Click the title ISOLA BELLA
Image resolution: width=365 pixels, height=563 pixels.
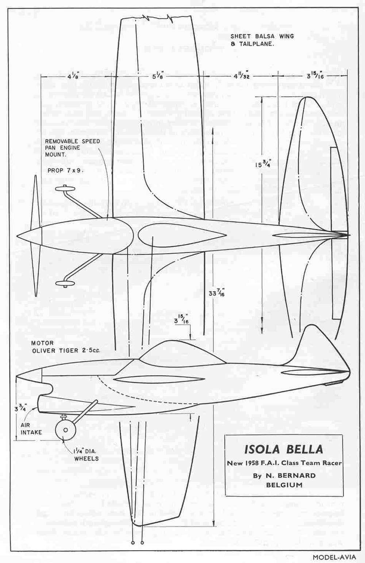[284, 449]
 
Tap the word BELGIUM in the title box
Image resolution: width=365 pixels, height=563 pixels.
[284, 485]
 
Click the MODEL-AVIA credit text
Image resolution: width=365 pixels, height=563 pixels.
[334, 557]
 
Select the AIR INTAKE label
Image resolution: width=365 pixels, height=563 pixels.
[31, 428]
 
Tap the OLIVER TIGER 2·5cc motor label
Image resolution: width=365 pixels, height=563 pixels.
[66, 350]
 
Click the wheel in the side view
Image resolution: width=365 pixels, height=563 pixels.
[65, 430]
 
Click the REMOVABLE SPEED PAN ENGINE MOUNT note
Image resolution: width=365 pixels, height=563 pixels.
[72, 148]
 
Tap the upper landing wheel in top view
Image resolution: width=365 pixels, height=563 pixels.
[65, 189]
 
